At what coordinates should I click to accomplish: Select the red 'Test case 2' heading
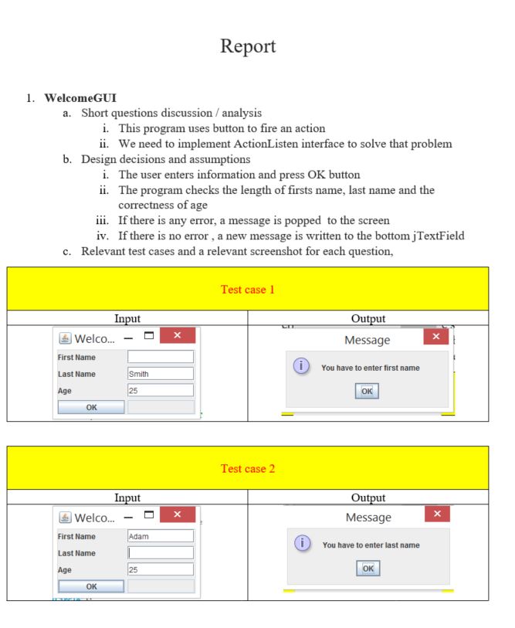point(256,469)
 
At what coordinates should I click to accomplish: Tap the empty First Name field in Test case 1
point(160,357)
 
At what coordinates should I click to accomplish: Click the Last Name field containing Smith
point(160,374)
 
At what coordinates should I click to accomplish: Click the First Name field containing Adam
point(160,535)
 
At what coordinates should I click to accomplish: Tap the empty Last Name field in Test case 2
point(160,552)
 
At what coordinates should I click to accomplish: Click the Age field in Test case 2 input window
point(160,569)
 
